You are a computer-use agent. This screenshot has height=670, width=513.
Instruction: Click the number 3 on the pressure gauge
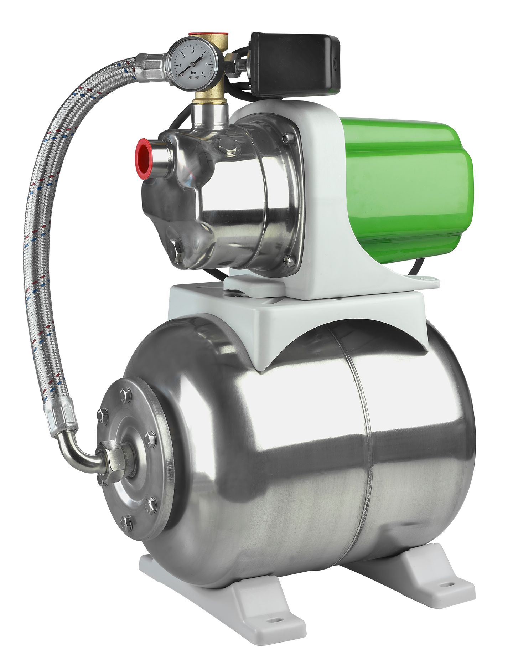(x=193, y=52)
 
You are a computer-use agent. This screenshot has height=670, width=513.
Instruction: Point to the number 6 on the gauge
(x=203, y=73)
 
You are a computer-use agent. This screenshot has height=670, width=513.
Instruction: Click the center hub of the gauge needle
(x=193, y=63)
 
